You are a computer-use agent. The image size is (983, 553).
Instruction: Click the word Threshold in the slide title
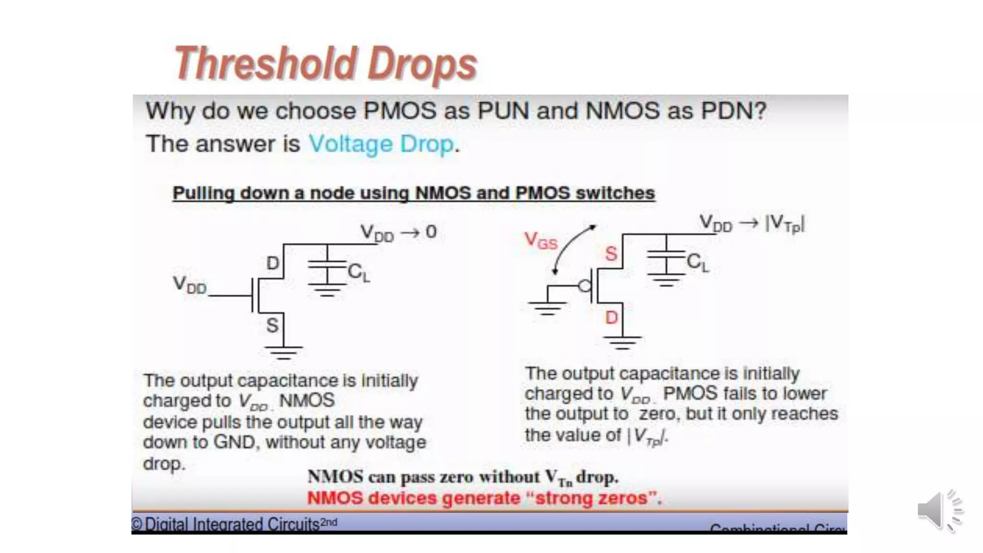[264, 64]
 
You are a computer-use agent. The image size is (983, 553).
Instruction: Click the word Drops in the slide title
[422, 65]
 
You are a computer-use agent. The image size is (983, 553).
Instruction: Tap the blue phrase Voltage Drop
[381, 144]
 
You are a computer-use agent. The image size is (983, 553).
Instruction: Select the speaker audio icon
[940, 511]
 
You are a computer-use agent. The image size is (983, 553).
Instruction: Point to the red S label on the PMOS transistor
[611, 253]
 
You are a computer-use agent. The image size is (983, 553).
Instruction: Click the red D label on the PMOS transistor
[611, 317]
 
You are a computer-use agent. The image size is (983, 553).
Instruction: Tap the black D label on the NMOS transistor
[273, 263]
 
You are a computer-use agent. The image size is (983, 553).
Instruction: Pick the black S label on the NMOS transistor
[272, 326]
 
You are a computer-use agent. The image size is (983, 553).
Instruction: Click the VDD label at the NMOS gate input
[190, 285]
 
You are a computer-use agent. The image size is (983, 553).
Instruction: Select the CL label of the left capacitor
[359, 273]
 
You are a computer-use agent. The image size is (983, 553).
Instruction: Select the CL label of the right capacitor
[697, 263]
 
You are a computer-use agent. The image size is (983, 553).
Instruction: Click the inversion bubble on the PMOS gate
[585, 287]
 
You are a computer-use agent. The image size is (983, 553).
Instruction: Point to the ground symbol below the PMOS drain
[622, 342]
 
